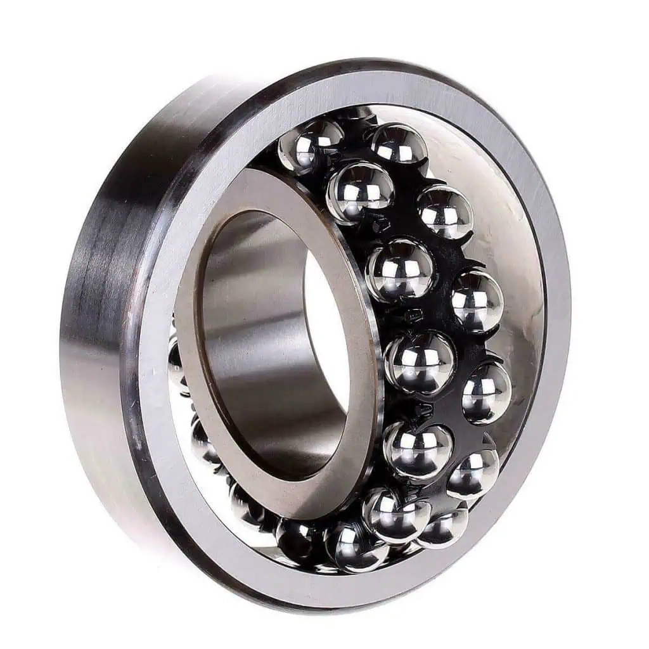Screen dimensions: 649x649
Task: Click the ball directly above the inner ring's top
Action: point(311,146)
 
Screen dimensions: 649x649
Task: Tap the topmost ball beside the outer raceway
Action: point(398,143)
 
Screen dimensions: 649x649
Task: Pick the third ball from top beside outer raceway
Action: point(477,300)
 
